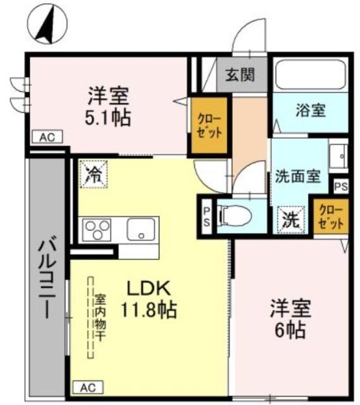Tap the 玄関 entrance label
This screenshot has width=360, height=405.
pos(242,75)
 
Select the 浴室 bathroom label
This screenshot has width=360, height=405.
pos(311,110)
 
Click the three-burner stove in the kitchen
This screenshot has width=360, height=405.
pos(97,229)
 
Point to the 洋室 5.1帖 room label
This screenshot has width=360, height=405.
pos(108,107)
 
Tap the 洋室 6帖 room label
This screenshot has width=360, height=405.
pos(290,319)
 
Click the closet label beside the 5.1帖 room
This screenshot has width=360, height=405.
pos(208,125)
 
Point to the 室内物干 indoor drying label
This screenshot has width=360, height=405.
pos(101,316)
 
